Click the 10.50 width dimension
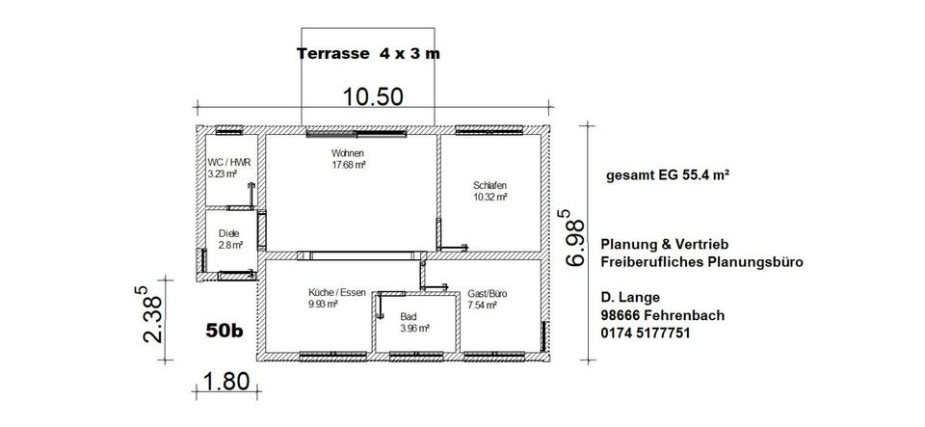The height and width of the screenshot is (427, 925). pos(373,96)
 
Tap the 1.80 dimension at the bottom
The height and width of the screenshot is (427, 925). pos(225,382)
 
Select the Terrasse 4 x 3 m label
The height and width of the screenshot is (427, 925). pos(368,54)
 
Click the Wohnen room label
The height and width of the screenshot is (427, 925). pos(348,154)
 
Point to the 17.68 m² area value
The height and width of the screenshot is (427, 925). pos(349,165)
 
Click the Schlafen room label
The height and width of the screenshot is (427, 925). pos(489,185)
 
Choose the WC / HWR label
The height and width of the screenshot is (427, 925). pos(225,163)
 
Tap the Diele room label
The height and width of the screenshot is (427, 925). pos(229,233)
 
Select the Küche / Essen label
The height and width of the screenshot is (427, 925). pos(337,292)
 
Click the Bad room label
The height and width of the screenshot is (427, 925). pos(408,317)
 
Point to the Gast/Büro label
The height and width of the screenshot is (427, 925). pos(488,294)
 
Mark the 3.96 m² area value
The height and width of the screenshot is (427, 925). pos(414,329)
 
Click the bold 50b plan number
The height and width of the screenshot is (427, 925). pos(225,331)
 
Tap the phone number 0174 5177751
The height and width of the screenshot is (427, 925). pos(646,334)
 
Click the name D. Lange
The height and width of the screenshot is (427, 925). pos(630,297)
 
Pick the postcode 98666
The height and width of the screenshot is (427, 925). pos(621,315)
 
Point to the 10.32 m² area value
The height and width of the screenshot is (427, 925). pos(490,197)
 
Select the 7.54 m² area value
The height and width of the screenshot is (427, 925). pos(482,305)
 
